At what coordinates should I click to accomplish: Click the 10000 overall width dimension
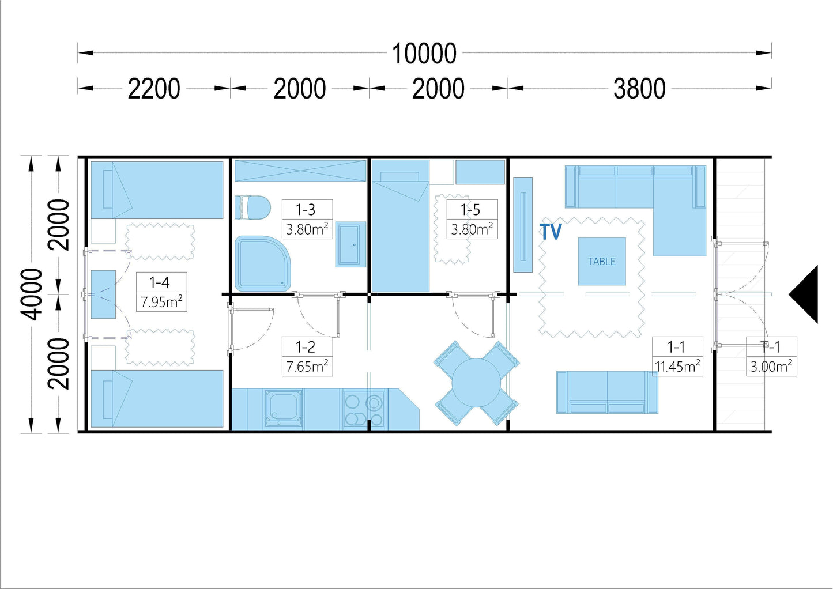pyautogui.click(x=424, y=54)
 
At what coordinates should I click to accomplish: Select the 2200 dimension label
pyautogui.click(x=153, y=89)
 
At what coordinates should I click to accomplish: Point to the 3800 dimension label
pyautogui.click(x=639, y=89)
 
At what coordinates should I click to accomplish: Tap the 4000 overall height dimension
pyautogui.click(x=31, y=294)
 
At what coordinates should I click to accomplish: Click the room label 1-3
pyautogui.click(x=306, y=210)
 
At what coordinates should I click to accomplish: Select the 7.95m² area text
pyautogui.click(x=161, y=302)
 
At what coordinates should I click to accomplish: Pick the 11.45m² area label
pyautogui.click(x=677, y=367)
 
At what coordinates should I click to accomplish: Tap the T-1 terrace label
pyautogui.click(x=771, y=347)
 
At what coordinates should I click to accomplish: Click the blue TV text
pyautogui.click(x=551, y=231)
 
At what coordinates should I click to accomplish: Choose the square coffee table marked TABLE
pyautogui.click(x=602, y=262)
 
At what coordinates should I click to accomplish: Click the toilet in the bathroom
pyautogui.click(x=252, y=207)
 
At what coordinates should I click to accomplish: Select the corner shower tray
pyautogui.click(x=262, y=263)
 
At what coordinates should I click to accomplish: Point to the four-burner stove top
pyautogui.click(x=364, y=410)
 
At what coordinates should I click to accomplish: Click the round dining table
pyautogui.click(x=476, y=383)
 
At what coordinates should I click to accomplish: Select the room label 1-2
pyautogui.click(x=306, y=347)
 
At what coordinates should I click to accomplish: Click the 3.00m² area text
pyautogui.click(x=771, y=367)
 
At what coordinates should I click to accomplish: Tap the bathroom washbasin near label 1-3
pyautogui.click(x=350, y=244)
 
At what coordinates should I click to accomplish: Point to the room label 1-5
pyautogui.click(x=470, y=210)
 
